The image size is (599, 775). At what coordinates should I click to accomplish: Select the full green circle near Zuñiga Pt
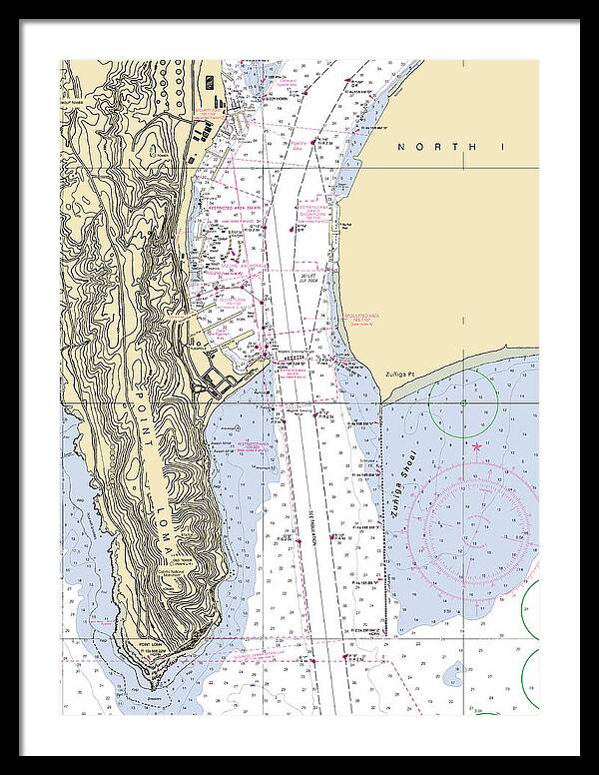[463, 404]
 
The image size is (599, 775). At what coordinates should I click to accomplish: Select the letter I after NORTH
[505, 147]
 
